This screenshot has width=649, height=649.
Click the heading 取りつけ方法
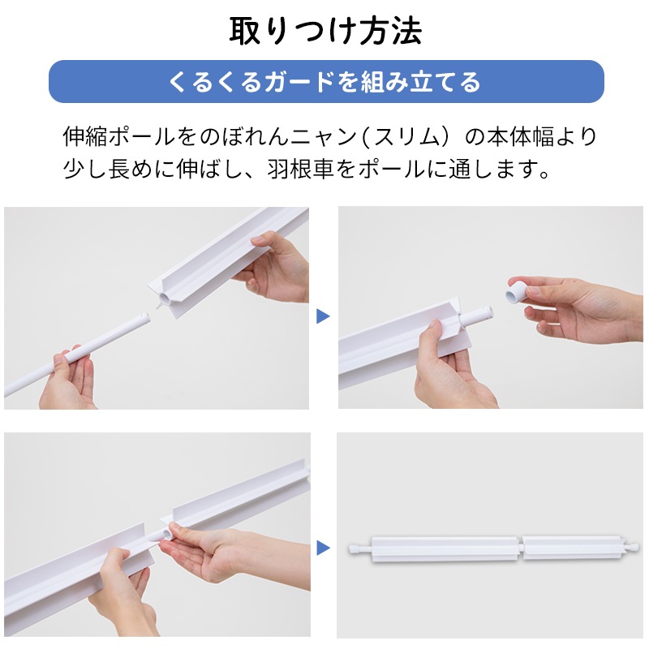tap(325, 31)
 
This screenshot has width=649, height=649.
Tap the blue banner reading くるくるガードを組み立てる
tap(326, 82)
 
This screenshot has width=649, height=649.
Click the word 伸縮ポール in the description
tap(118, 136)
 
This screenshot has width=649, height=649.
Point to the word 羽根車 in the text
tap(300, 169)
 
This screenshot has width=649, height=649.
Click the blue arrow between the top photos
tap(323, 316)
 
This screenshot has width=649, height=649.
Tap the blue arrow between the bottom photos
tap(323, 548)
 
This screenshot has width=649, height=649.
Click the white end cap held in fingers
tap(516, 292)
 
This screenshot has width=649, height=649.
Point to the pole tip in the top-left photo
tap(144, 318)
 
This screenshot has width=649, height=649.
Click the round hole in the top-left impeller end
tap(164, 299)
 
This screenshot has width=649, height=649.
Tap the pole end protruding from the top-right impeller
tap(477, 316)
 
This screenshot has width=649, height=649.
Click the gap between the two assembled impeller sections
tap(521, 549)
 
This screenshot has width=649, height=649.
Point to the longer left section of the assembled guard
tap(444, 549)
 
